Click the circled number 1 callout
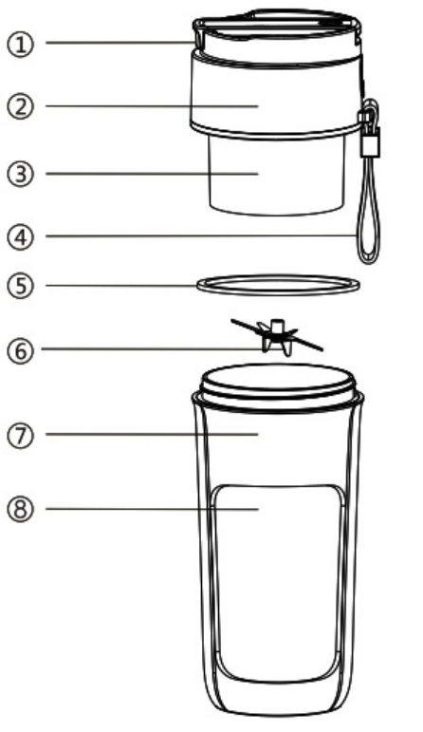point(21,45)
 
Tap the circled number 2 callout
point(21,106)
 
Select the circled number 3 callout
point(21,174)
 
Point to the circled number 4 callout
point(21,237)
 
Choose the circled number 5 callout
point(21,286)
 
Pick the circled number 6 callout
point(21,350)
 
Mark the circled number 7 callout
point(21,436)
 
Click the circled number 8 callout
point(21,509)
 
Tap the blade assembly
point(277,335)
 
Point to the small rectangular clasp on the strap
point(370,141)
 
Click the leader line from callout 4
point(201,236)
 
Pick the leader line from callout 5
point(121,285)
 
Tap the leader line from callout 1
point(120,43)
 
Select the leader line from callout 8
point(152,508)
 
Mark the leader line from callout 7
point(152,434)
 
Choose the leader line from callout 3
point(152,174)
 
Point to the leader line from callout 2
point(152,106)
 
